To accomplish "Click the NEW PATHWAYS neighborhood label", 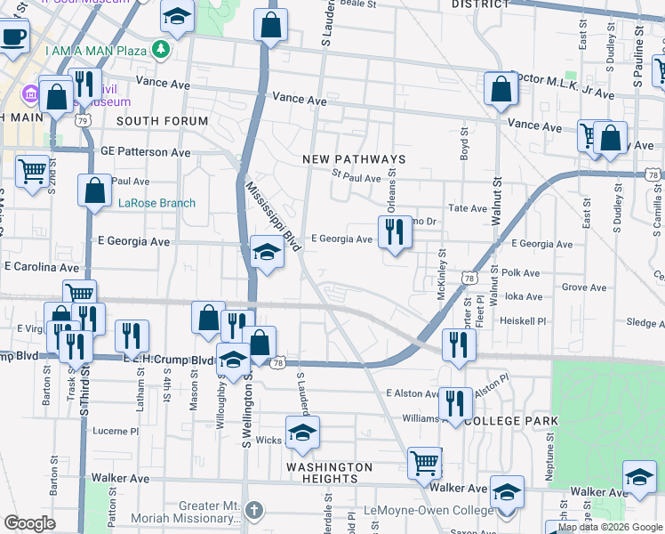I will [354, 159].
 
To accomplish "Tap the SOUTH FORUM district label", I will [162, 120].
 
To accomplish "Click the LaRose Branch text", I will [157, 203].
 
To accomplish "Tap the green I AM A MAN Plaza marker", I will [161, 50].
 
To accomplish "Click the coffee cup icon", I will [12, 38].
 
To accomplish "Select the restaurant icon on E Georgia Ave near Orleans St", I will [394, 232].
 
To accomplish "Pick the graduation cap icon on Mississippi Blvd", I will [266, 252].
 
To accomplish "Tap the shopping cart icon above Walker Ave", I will [425, 463].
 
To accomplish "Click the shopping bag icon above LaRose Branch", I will [94, 190].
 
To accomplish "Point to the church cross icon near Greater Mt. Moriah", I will [255, 510].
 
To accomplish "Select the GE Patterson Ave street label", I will [146, 153].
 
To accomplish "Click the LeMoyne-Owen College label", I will [429, 511].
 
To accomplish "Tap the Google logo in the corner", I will [29, 523].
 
